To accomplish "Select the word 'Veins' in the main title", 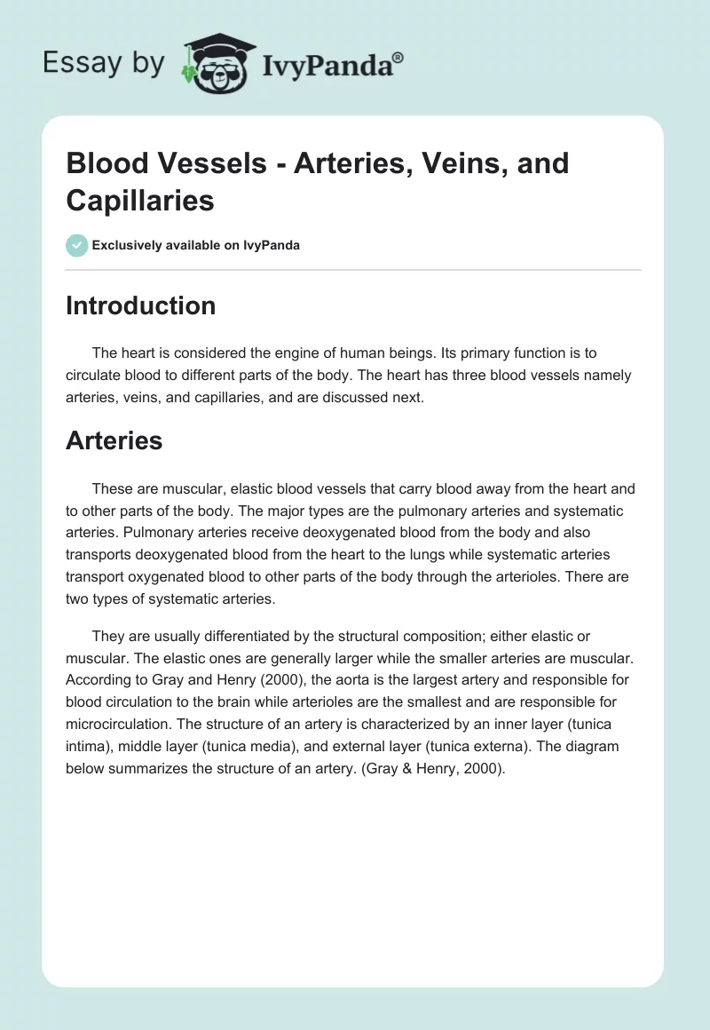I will [421, 163].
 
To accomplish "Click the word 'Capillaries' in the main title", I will [140, 200].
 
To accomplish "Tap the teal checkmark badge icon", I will [77, 245].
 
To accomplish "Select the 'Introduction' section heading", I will [140, 305].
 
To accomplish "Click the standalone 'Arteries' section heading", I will [114, 440].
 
